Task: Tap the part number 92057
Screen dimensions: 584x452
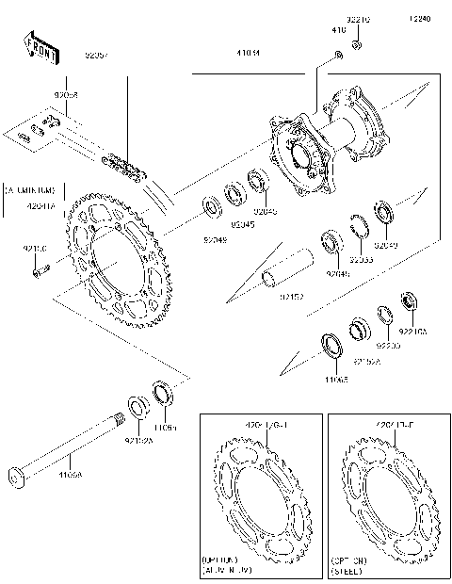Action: [97, 56]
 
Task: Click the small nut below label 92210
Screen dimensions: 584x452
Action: [357, 44]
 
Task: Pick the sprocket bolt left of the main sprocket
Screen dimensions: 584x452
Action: [38, 272]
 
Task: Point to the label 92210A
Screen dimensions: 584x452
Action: [412, 332]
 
